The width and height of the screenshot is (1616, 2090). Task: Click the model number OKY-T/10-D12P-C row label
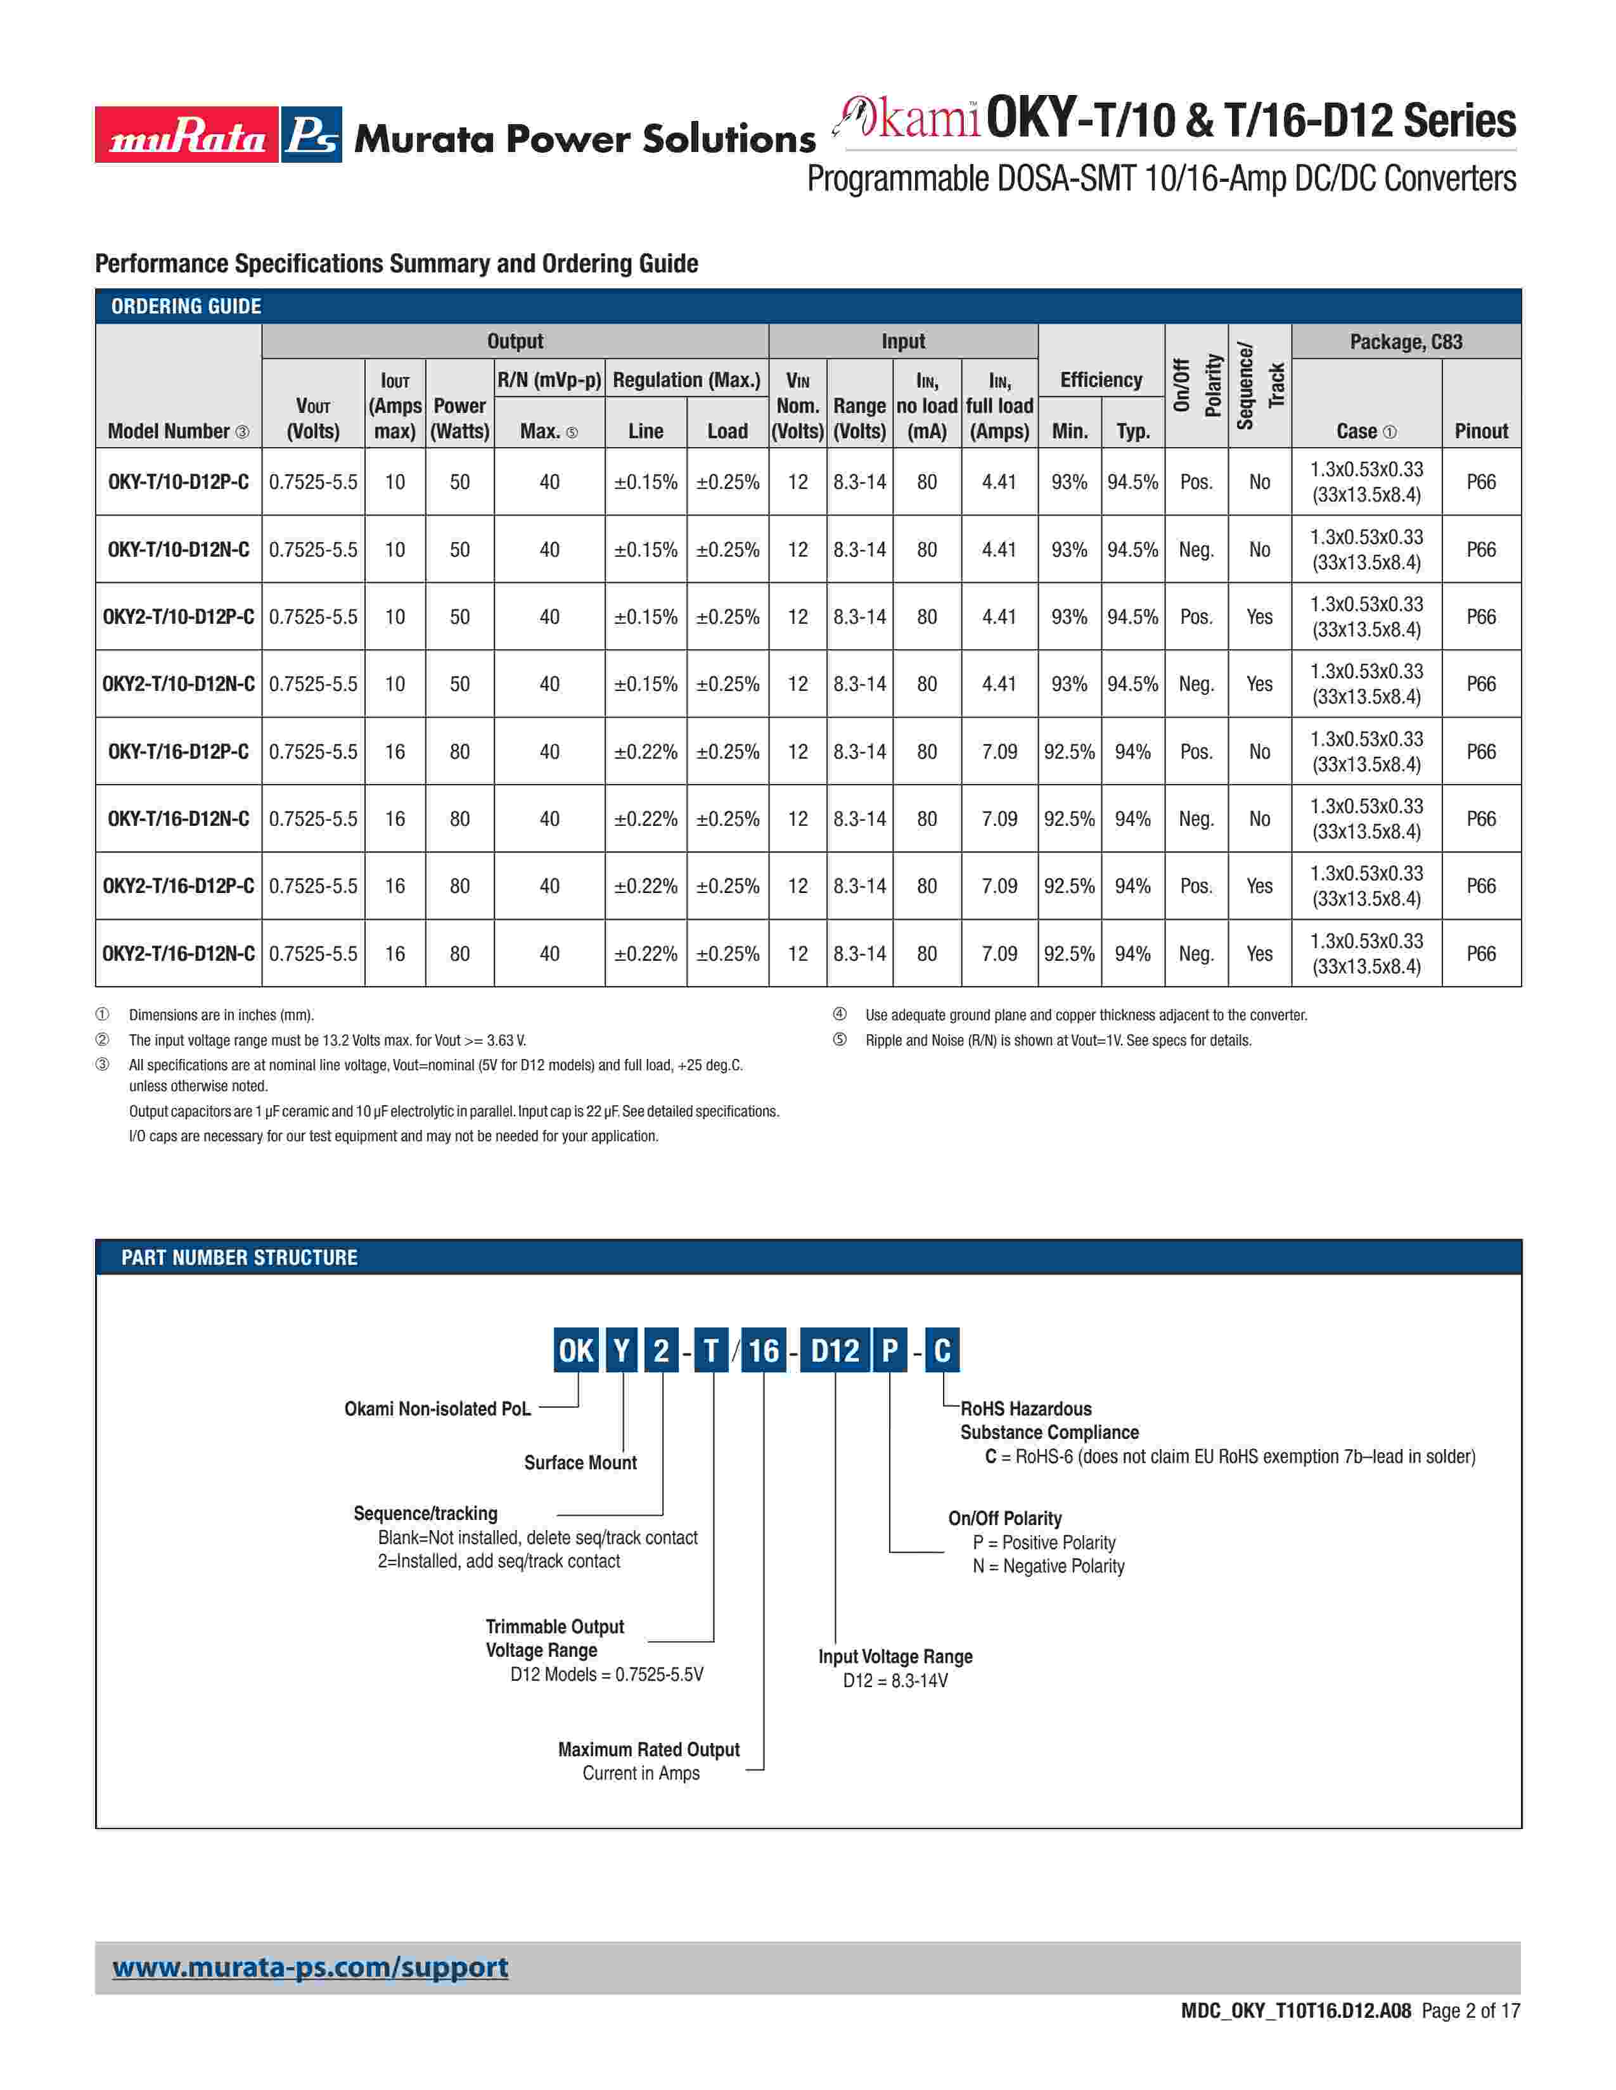(x=178, y=483)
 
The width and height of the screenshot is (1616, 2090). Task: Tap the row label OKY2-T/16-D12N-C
(x=178, y=954)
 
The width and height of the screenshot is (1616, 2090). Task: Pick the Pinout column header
(x=1480, y=431)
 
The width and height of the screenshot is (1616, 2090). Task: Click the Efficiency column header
(x=1101, y=380)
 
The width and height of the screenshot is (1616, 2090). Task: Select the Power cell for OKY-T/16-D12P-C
(x=459, y=752)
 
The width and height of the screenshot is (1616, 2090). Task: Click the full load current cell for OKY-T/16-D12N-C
(x=999, y=819)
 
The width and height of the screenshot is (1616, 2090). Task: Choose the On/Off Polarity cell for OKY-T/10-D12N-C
(x=1196, y=550)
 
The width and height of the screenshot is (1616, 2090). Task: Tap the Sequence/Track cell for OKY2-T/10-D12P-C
(x=1259, y=617)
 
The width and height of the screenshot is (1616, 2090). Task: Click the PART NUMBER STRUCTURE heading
(x=240, y=1257)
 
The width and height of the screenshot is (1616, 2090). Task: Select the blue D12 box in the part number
(x=835, y=1350)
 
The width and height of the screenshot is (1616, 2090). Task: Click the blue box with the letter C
(x=942, y=1350)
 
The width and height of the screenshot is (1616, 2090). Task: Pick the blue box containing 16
(x=763, y=1350)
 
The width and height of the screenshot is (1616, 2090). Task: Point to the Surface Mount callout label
(x=580, y=1462)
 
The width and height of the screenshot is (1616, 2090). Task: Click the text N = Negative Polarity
(x=1048, y=1566)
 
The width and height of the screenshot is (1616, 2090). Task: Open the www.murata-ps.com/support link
(x=310, y=1968)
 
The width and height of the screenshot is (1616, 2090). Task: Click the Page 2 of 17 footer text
(x=1470, y=2011)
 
